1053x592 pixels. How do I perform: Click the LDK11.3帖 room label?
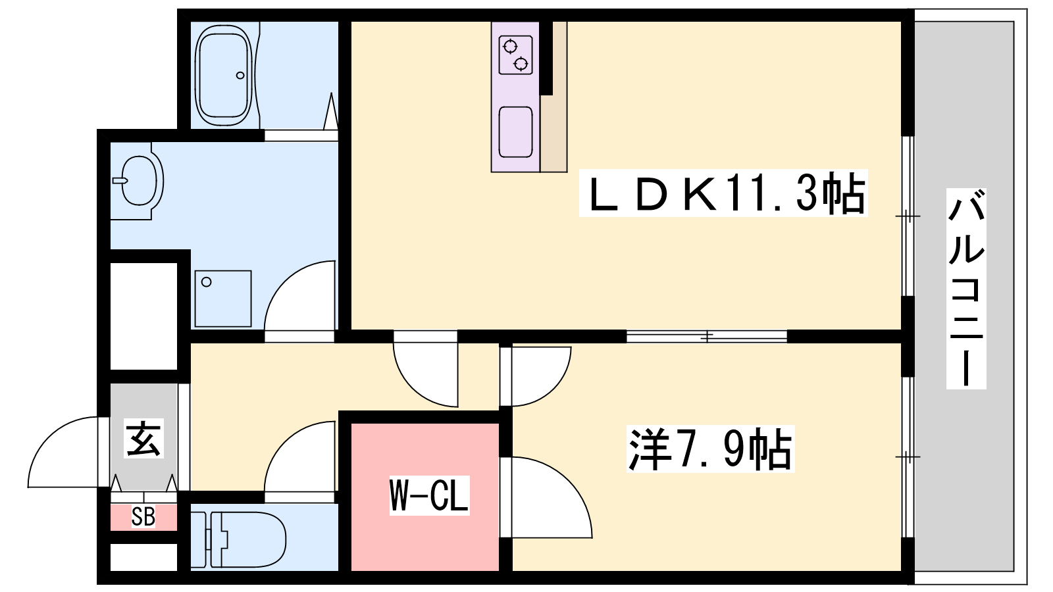723,193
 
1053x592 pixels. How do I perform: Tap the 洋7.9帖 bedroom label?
711,449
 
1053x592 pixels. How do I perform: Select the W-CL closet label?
429,494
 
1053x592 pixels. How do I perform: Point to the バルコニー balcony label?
966,289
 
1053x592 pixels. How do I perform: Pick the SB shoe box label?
143,517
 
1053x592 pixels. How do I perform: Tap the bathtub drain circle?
240,75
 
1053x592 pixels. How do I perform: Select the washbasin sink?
138,181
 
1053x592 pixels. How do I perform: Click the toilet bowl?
247,539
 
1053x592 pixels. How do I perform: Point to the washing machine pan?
223,299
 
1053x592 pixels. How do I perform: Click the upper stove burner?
510,47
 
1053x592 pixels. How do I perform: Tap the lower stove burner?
521,63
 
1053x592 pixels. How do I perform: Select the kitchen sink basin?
516,132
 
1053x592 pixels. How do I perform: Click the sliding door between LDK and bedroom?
707,336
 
